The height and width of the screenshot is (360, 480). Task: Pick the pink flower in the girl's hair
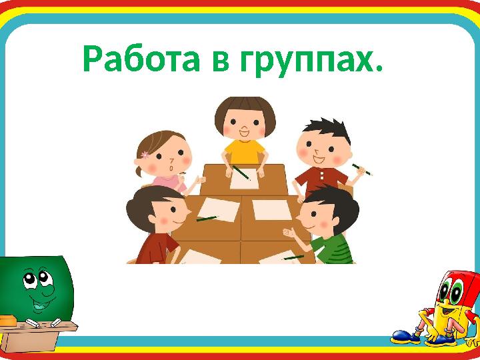pyautogui.click(x=145, y=155)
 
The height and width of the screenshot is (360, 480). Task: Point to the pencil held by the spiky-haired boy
pyautogui.click(x=362, y=169)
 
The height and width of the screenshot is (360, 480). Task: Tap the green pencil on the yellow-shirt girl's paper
pyautogui.click(x=241, y=172)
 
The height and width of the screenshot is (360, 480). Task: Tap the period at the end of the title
pyautogui.click(x=380, y=70)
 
